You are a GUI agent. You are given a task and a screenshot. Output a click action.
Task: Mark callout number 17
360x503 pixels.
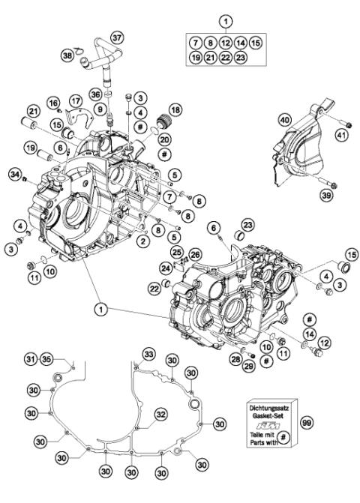(x=76, y=100)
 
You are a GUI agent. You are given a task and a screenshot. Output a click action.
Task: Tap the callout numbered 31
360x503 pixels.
(x=29, y=358)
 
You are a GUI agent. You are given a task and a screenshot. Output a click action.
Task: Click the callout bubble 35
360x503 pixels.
(x=46, y=358)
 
